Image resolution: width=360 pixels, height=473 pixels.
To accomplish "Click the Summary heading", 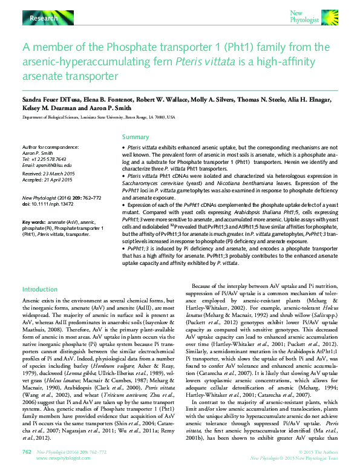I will [x=135, y=137].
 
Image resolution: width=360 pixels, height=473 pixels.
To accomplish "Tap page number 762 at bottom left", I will [x=27, y=451].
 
